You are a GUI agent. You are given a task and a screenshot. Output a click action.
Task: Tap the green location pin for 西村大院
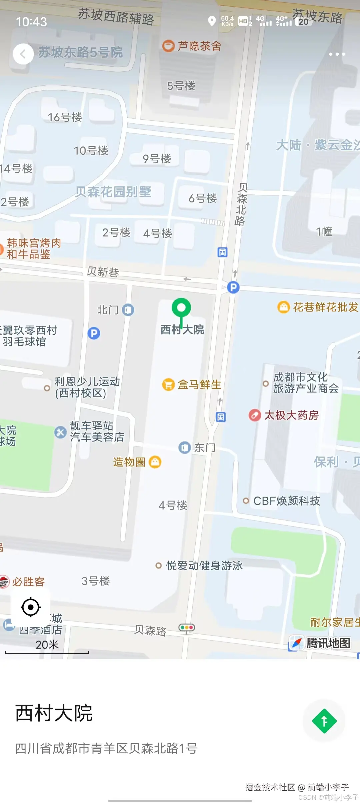(181, 308)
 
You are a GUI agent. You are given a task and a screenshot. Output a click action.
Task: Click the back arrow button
(23, 54)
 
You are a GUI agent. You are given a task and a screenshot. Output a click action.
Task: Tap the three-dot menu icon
(337, 54)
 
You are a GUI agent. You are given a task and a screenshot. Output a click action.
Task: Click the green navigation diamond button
(324, 721)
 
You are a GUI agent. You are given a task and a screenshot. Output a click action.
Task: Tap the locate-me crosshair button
(31, 607)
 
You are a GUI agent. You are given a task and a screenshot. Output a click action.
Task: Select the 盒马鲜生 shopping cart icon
(168, 384)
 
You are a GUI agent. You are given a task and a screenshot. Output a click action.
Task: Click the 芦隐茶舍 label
(199, 46)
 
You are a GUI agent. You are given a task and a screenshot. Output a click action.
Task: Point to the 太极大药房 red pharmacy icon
(255, 415)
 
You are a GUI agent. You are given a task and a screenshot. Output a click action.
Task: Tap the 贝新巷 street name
(103, 272)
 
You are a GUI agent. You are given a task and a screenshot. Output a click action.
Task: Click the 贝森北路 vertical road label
(241, 204)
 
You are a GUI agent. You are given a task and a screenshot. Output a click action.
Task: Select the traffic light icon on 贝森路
(186, 628)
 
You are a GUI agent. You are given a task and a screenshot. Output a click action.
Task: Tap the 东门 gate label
(204, 448)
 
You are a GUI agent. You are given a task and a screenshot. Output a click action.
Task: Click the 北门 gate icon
(128, 310)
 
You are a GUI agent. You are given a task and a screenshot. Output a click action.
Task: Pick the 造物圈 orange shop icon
(155, 462)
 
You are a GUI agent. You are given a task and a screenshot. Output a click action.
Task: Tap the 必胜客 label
(28, 582)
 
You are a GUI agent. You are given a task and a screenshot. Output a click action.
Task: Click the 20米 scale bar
(47, 650)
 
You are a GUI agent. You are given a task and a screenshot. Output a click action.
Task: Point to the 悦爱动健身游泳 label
(204, 565)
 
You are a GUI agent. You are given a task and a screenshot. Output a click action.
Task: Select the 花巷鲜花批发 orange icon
(283, 307)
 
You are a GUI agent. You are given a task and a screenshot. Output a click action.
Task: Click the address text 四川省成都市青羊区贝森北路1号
(106, 749)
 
